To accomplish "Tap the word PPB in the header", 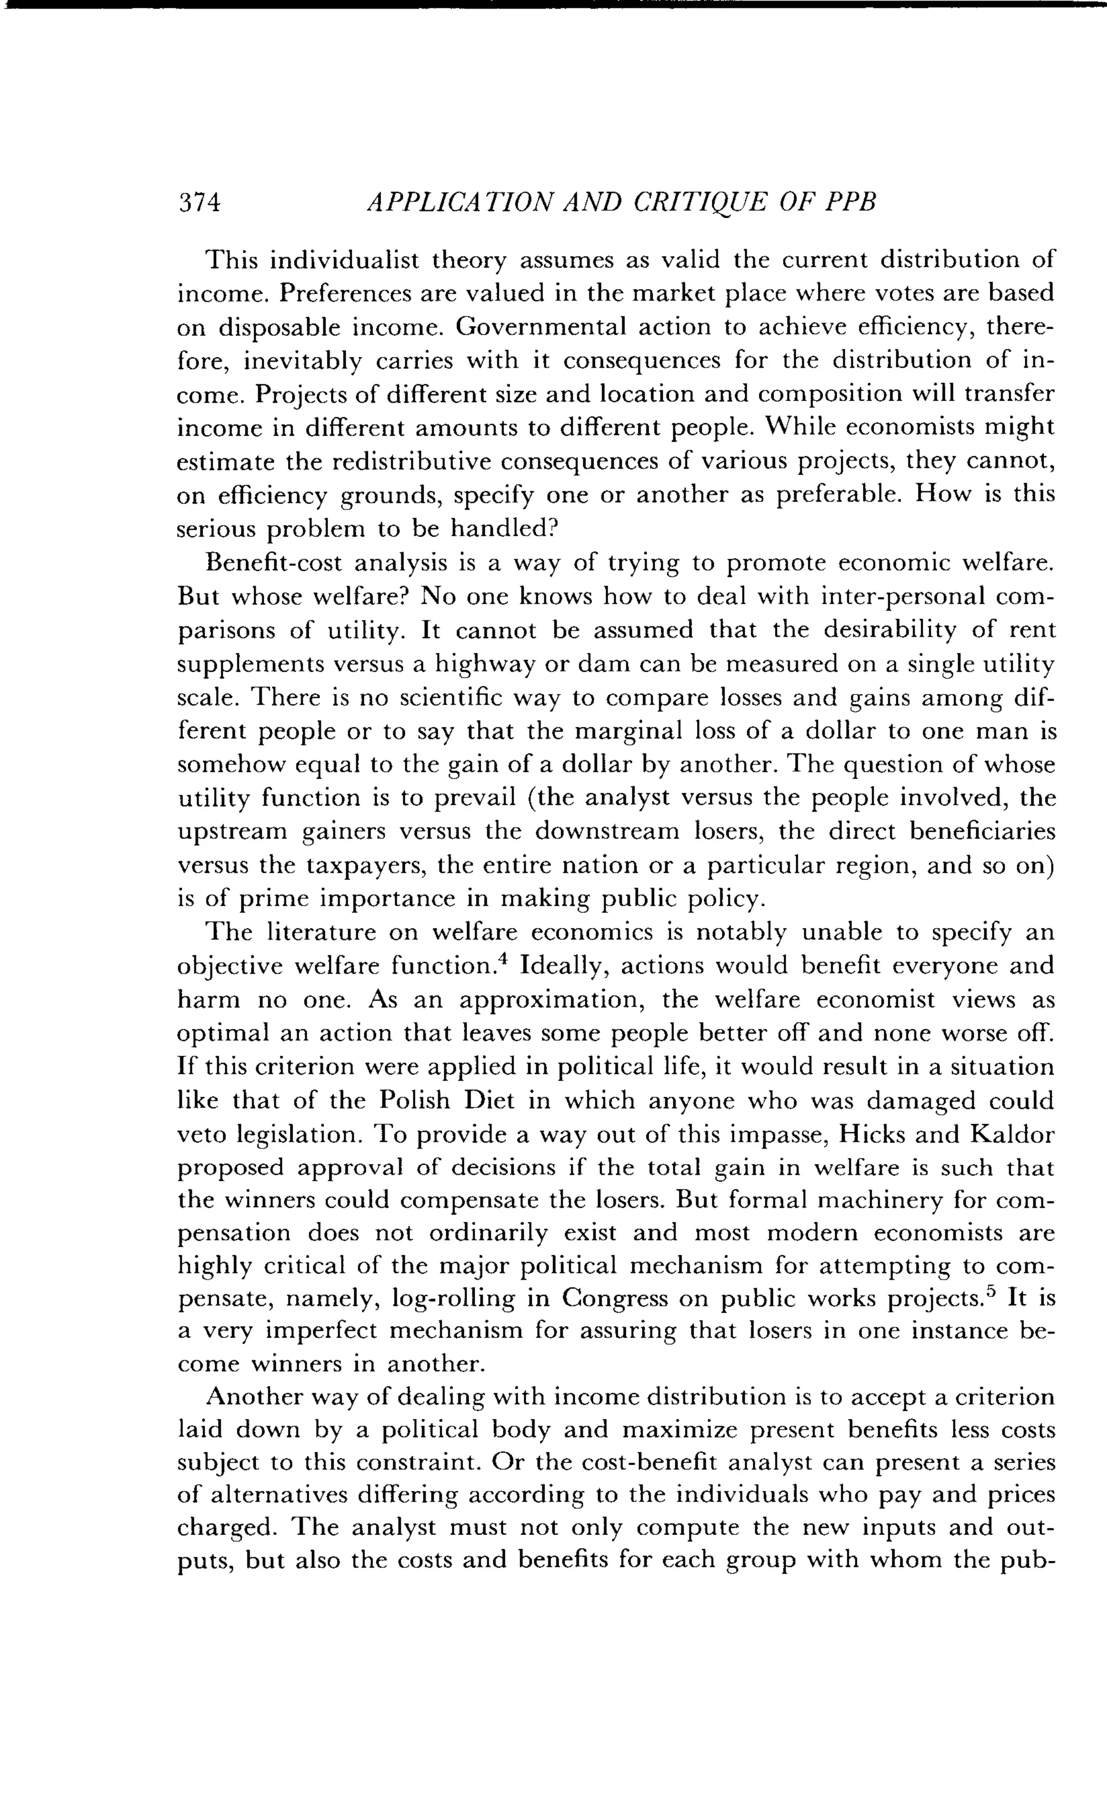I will [851, 202].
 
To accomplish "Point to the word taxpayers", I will [365, 865].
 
